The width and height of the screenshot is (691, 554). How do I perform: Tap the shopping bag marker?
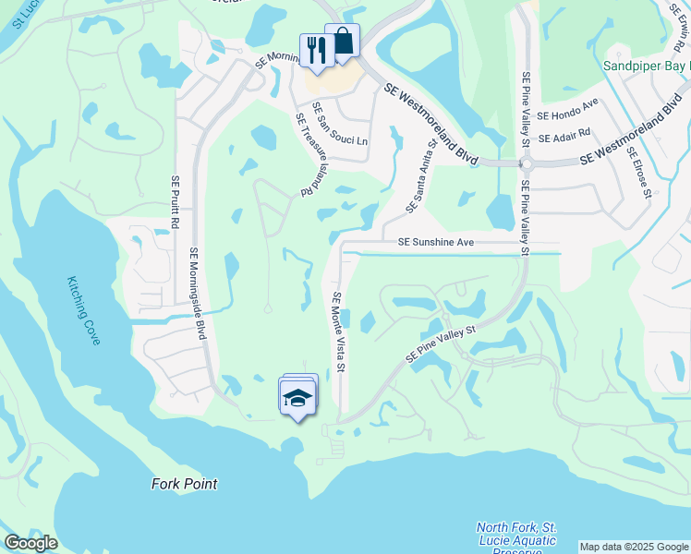click(x=342, y=42)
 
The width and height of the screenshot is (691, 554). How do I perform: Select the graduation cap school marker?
click(x=297, y=397)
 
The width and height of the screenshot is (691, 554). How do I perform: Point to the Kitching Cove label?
click(x=83, y=312)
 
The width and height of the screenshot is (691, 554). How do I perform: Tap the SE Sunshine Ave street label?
click(x=435, y=242)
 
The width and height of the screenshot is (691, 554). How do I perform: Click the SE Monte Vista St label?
click(x=338, y=332)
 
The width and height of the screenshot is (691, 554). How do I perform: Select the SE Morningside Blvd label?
click(x=198, y=294)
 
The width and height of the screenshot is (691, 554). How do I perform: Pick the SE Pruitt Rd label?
click(x=173, y=204)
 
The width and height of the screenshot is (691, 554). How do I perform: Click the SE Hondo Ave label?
click(x=568, y=114)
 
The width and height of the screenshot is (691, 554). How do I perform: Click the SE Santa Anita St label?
click(x=421, y=175)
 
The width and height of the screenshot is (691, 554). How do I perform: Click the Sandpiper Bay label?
click(x=646, y=66)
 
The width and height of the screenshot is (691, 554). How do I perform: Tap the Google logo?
click(x=30, y=543)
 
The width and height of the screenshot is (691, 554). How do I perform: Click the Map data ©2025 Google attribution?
click(x=633, y=547)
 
